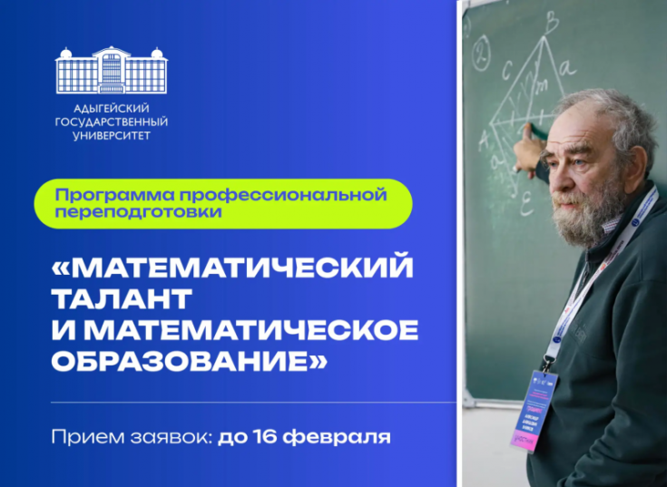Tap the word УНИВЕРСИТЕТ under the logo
[112, 136]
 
